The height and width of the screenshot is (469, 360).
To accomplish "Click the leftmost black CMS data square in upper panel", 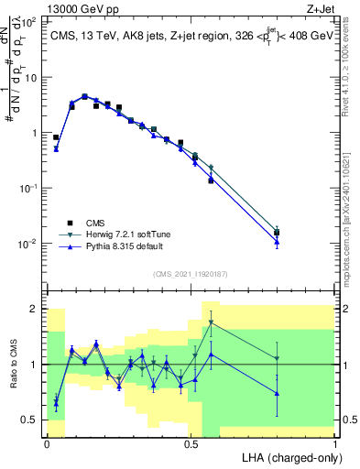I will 56,137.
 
